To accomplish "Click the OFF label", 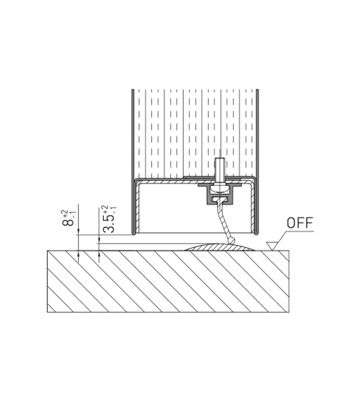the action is (300, 223).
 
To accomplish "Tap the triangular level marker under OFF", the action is (272, 245).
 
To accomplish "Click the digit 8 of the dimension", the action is (67, 222).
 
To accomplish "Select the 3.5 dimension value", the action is (109, 224).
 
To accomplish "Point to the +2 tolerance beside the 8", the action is (65, 213).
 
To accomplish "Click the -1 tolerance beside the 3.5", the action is (113, 210).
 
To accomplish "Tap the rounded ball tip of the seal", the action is (230, 241).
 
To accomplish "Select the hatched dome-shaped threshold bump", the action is (219, 247).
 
